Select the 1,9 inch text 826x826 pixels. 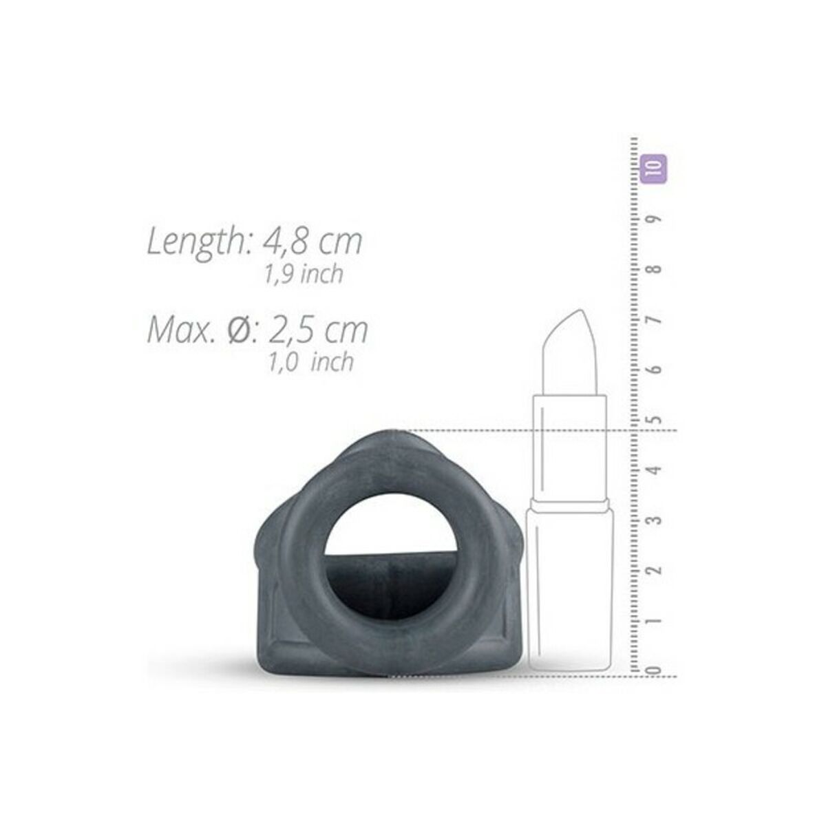[x=304, y=274]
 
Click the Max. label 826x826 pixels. [x=180, y=330]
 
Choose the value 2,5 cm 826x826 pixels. [x=317, y=330]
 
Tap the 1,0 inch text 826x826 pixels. [x=310, y=362]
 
